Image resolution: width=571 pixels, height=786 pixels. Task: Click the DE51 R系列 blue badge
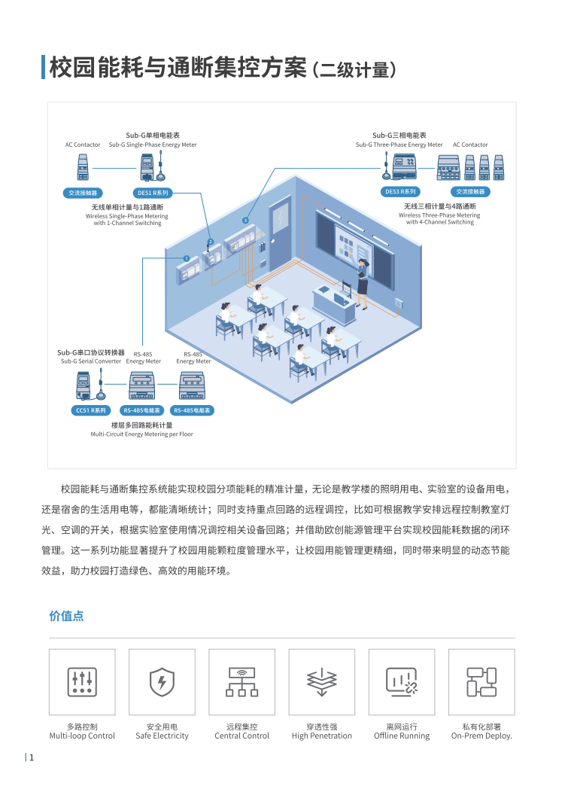click(x=153, y=193)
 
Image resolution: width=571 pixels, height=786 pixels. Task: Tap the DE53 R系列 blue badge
click(x=400, y=192)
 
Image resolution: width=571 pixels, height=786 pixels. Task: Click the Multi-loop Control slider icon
click(x=82, y=681)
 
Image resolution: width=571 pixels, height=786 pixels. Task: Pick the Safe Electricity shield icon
click(x=162, y=681)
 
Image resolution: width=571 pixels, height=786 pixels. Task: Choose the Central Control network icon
click(x=241, y=681)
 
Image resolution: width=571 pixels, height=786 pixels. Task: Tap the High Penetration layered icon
click(x=321, y=681)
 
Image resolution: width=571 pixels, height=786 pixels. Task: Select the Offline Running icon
click(x=401, y=681)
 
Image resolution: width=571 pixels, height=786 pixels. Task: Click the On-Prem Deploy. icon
click(x=481, y=681)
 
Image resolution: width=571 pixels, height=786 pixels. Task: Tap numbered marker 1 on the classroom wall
click(x=186, y=258)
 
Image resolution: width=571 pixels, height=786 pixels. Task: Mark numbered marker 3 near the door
click(x=245, y=220)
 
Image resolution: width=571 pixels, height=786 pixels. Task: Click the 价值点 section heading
click(x=66, y=616)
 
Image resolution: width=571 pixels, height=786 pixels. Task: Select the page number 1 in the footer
click(x=32, y=757)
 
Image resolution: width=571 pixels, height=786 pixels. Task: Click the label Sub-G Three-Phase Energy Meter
click(x=399, y=145)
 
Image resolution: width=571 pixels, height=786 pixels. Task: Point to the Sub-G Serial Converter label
click(x=91, y=361)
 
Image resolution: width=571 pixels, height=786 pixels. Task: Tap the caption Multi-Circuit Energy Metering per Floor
click(x=141, y=434)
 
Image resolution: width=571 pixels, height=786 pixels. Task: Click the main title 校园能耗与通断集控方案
click(x=178, y=68)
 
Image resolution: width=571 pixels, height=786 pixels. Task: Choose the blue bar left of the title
click(x=43, y=67)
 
